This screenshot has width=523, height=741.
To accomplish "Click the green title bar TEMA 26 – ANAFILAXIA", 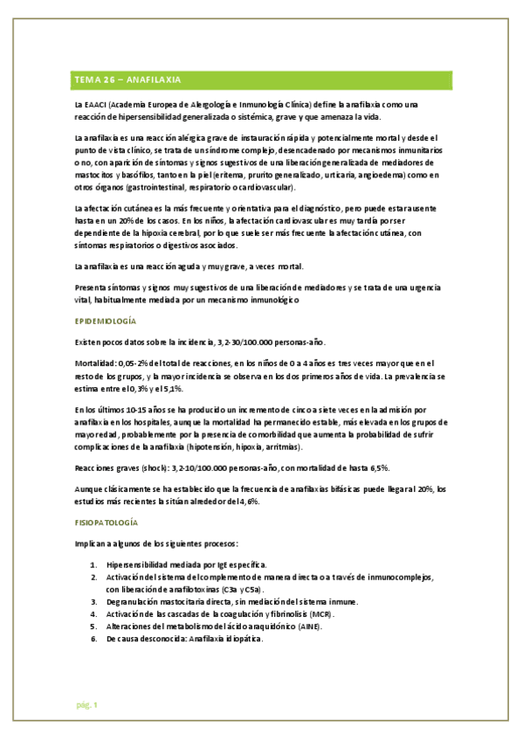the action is (x=262, y=80).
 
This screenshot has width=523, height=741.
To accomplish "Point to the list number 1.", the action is (x=93, y=564).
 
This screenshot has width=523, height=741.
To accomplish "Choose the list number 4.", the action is (x=93, y=614).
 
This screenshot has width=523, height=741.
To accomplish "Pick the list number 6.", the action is (x=93, y=639).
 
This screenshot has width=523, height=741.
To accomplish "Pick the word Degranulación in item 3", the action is (x=133, y=602).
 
